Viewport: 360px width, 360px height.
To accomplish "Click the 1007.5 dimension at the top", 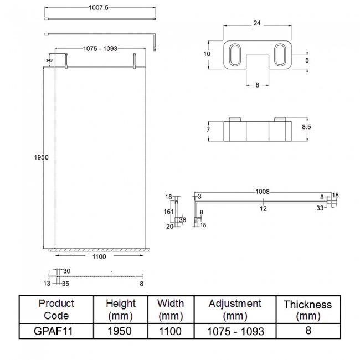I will click(100, 8).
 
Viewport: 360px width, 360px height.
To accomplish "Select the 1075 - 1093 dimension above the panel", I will click(100, 49).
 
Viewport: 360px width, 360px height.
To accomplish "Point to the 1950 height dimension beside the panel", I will click(42, 157).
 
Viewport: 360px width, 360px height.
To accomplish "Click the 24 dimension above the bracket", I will click(256, 23).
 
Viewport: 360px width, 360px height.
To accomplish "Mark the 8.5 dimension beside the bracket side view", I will click(306, 127).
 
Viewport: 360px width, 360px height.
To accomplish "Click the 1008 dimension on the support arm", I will click(262, 192).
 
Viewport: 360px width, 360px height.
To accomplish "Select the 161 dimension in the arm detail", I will click(169, 211).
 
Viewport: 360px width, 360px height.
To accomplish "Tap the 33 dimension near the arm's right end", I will click(320, 208).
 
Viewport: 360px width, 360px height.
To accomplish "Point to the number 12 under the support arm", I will click(263, 208).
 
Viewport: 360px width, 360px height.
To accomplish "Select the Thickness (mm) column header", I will click(307, 310).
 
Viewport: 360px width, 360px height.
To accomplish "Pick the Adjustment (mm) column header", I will click(235, 309).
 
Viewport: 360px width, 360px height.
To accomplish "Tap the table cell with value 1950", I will click(120, 331).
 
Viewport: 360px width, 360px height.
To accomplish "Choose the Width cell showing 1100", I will click(171, 331).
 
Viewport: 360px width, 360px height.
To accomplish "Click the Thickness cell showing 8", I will click(307, 331).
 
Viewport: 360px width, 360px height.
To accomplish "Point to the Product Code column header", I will click(56, 309).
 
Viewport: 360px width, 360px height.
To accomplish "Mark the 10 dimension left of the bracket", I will click(207, 54).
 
